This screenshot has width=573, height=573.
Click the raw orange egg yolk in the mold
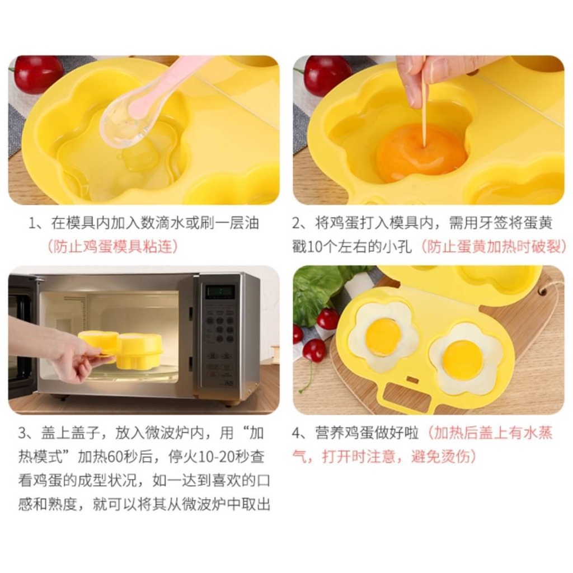(421, 153)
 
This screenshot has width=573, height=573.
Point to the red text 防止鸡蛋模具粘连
(112, 247)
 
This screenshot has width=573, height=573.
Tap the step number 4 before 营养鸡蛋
(297, 434)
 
